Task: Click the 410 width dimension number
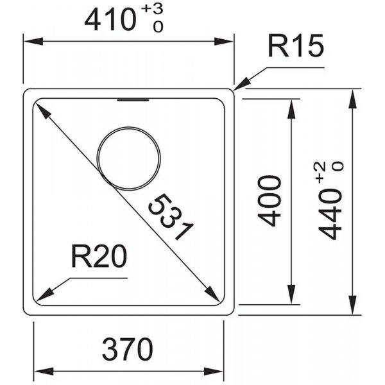pyautogui.click(x=110, y=21)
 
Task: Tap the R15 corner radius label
pyautogui.click(x=296, y=46)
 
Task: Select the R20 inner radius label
pyautogui.click(x=99, y=257)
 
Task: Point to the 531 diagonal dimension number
pyautogui.click(x=171, y=217)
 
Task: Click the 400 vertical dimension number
pyautogui.click(x=269, y=201)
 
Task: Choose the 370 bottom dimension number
pyautogui.click(x=127, y=349)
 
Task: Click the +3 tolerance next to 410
pyautogui.click(x=153, y=9)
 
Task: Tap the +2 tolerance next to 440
pyautogui.click(x=322, y=172)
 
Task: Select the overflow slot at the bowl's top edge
pyautogui.click(x=133, y=100)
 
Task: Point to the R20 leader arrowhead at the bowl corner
pyautogui.click(x=44, y=296)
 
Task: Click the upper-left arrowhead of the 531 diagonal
pyautogui.click(x=42, y=111)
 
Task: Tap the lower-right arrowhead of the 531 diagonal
pyautogui.click(x=212, y=293)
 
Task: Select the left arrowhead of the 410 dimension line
pyautogui.click(x=33, y=41)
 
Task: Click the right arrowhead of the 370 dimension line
pyautogui.click(x=214, y=371)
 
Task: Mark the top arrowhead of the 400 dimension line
pyautogui.click(x=291, y=109)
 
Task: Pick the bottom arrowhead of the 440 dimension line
pyautogui.click(x=353, y=305)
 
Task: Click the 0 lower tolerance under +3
pyautogui.click(x=158, y=26)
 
